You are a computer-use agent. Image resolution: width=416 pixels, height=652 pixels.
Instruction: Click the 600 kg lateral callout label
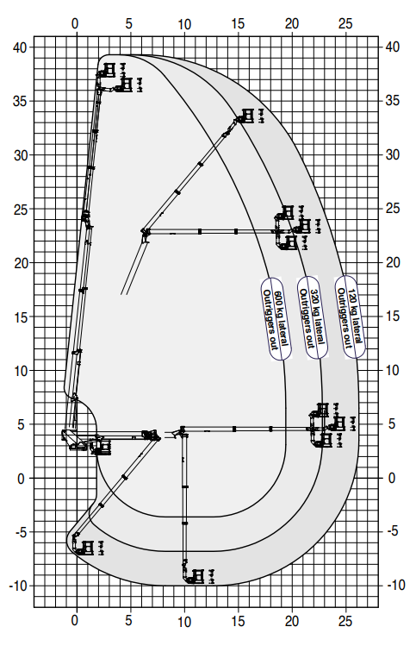[x=276, y=318]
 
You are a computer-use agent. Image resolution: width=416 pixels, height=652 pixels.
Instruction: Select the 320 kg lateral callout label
[x=313, y=317]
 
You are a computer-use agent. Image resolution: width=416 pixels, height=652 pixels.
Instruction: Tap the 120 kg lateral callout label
[x=350, y=317]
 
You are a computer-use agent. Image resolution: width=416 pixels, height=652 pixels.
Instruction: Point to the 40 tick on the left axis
[x=20, y=47]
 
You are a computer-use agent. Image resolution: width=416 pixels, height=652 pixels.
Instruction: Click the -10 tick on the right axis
[x=396, y=585]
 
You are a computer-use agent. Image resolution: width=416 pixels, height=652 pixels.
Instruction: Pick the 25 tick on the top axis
[x=345, y=23]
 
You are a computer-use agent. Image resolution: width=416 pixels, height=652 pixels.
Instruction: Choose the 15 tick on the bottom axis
[x=238, y=621]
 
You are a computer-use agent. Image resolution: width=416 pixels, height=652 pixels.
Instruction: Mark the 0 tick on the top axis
[x=75, y=23]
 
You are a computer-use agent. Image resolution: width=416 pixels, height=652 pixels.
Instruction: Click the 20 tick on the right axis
[x=393, y=262]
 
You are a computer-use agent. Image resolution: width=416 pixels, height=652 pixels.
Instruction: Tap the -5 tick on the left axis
[x=21, y=532]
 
